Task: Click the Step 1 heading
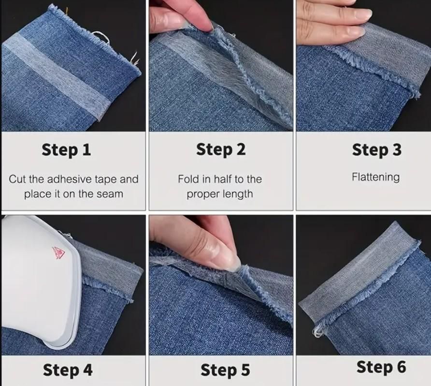[66, 150]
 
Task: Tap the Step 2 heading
[221, 150]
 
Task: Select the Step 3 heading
[376, 150]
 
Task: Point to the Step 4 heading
[68, 370]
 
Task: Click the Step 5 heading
[225, 371]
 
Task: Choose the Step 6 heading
[381, 367]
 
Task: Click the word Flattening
[375, 177]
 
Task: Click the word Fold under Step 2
[187, 179]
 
